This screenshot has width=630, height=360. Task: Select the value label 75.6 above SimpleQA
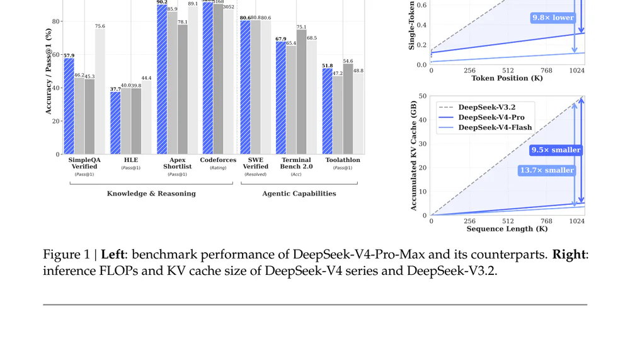pyautogui.click(x=100, y=26)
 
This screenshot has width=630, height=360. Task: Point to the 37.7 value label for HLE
pyautogui.click(x=115, y=89)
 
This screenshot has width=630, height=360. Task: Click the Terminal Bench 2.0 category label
pyautogui.click(x=296, y=163)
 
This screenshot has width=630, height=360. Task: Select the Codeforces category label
pyautogui.click(x=218, y=160)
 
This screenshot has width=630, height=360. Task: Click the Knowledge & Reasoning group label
pyautogui.click(x=151, y=194)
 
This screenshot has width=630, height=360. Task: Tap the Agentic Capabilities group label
pyautogui.click(x=299, y=194)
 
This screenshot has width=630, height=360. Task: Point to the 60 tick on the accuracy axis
pyautogui.click(x=56, y=55)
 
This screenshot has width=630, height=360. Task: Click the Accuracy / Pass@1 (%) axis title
pyautogui.click(x=49, y=71)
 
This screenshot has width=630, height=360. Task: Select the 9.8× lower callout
pyautogui.click(x=553, y=18)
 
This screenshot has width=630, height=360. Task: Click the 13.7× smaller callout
pyautogui.click(x=547, y=170)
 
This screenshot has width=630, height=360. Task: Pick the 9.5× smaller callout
pyautogui.click(x=556, y=150)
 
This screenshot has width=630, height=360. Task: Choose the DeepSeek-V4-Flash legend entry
pyautogui.click(x=495, y=127)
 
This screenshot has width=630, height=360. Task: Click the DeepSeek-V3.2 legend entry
pyautogui.click(x=487, y=107)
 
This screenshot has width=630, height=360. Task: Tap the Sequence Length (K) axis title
pyautogui.click(x=507, y=229)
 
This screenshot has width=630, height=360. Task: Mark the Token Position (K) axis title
pyautogui.click(x=507, y=78)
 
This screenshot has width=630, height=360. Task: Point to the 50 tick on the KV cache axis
pyautogui.click(x=423, y=96)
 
